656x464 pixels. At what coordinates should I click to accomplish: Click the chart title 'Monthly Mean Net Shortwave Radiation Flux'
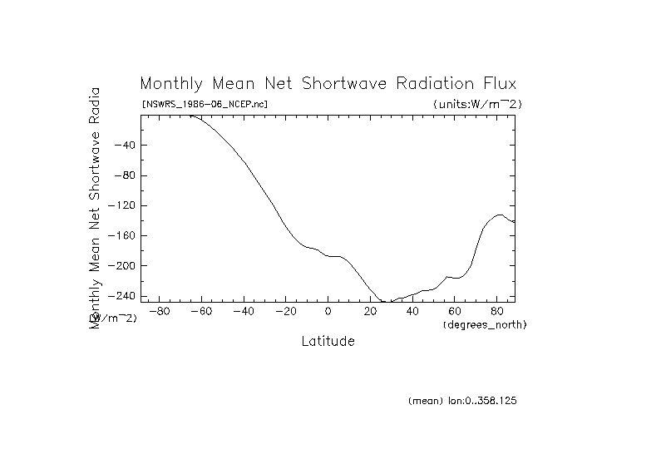[328, 84]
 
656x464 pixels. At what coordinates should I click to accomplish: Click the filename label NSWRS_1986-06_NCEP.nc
[205, 104]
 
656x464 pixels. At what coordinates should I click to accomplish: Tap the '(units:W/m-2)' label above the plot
[477, 104]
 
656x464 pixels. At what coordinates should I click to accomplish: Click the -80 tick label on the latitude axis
[159, 312]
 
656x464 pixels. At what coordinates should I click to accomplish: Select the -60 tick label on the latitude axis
[201, 312]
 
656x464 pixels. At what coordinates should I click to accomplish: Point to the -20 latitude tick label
[285, 312]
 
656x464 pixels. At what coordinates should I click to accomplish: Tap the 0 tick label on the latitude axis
[328, 312]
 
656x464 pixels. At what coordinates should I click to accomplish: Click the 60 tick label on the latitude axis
[455, 312]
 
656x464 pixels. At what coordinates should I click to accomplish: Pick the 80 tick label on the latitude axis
[497, 312]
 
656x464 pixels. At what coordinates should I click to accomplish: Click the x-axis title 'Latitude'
[328, 341]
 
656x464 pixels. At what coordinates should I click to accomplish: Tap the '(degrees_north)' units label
[485, 324]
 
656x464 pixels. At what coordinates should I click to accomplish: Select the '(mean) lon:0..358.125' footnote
[462, 401]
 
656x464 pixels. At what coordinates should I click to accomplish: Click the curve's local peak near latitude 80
[499, 215]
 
